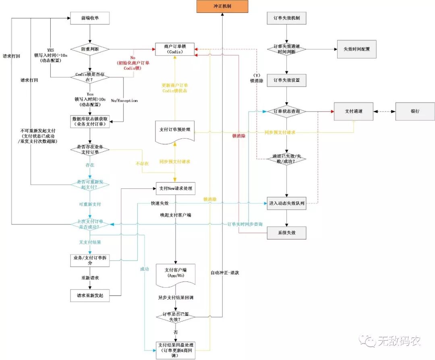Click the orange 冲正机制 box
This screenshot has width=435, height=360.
(x=222, y=6)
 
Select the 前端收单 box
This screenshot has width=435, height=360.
(x=90, y=18)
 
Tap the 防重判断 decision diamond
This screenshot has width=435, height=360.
(x=90, y=49)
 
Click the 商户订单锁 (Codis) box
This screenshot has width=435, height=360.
(x=174, y=49)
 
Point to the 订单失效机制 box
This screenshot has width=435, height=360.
(x=286, y=18)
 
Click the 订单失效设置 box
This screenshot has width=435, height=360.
(x=286, y=80)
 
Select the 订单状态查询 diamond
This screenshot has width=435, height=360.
(x=286, y=111)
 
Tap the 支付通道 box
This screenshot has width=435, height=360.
(x=353, y=111)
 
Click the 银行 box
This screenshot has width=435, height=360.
(x=414, y=111)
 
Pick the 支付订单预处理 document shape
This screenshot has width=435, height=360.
(x=175, y=130)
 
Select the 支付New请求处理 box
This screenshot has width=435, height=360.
(x=175, y=188)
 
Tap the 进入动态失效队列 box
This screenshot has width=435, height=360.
(x=286, y=203)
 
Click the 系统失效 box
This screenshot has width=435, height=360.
(x=286, y=233)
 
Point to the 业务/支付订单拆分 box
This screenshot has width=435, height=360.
(x=90, y=260)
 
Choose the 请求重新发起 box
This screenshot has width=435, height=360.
(x=90, y=295)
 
